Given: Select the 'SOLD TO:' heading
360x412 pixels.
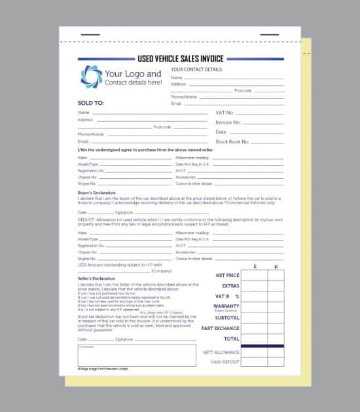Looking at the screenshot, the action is (x=91, y=103).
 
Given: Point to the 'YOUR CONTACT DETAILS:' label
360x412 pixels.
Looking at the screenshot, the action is (x=196, y=69).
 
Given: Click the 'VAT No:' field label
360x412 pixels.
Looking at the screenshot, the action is (x=225, y=113).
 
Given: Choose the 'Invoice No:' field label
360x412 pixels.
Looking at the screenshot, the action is (x=228, y=122).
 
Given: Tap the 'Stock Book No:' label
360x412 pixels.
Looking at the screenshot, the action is (x=232, y=141).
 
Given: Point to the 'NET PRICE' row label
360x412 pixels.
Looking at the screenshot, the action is (x=227, y=276).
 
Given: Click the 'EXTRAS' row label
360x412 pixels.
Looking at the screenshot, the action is (x=230, y=286).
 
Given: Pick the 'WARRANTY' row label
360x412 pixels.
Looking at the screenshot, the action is (x=226, y=306).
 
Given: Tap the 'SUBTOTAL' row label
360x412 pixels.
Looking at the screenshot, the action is (x=227, y=318).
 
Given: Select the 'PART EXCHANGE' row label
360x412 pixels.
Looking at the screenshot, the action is (x=221, y=328).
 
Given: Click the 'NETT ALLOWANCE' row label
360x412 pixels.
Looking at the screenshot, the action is (x=221, y=352).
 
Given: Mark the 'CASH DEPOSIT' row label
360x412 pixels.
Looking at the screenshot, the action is (x=225, y=362).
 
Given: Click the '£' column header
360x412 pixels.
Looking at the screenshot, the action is (x=254, y=267).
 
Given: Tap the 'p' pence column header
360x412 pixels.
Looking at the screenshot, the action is (x=276, y=267).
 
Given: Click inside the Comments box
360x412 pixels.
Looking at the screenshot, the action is (x=137, y=356).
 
